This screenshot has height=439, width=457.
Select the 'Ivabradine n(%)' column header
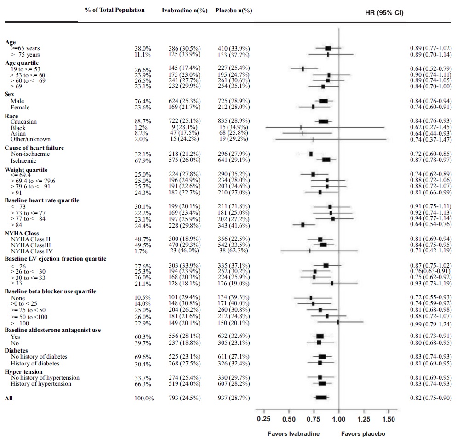pyautogui.click(x=184, y=11)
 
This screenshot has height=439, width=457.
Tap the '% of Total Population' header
pyautogui.click(x=114, y=10)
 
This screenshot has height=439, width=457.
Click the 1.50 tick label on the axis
pyautogui.click(x=388, y=419)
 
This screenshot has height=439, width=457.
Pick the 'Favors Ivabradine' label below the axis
pyautogui.click(x=294, y=433)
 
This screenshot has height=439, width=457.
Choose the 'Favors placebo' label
pyautogui.click(x=363, y=433)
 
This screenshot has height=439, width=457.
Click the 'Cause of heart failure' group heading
pyautogui.click(x=34, y=148)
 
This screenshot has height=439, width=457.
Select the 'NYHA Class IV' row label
pyautogui.click(x=32, y=251)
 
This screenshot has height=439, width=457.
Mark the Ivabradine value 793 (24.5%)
pyautogui.click(x=184, y=398)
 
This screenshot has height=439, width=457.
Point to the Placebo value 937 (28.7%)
pyautogui.click(x=234, y=398)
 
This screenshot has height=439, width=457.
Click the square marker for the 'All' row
pyautogui.click(x=321, y=398)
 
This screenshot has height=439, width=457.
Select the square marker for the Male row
pyautogui.click(x=323, y=101)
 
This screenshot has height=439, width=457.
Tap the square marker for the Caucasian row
pyautogui.click(x=323, y=121)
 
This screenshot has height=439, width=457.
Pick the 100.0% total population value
pyautogui.click(x=143, y=398)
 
